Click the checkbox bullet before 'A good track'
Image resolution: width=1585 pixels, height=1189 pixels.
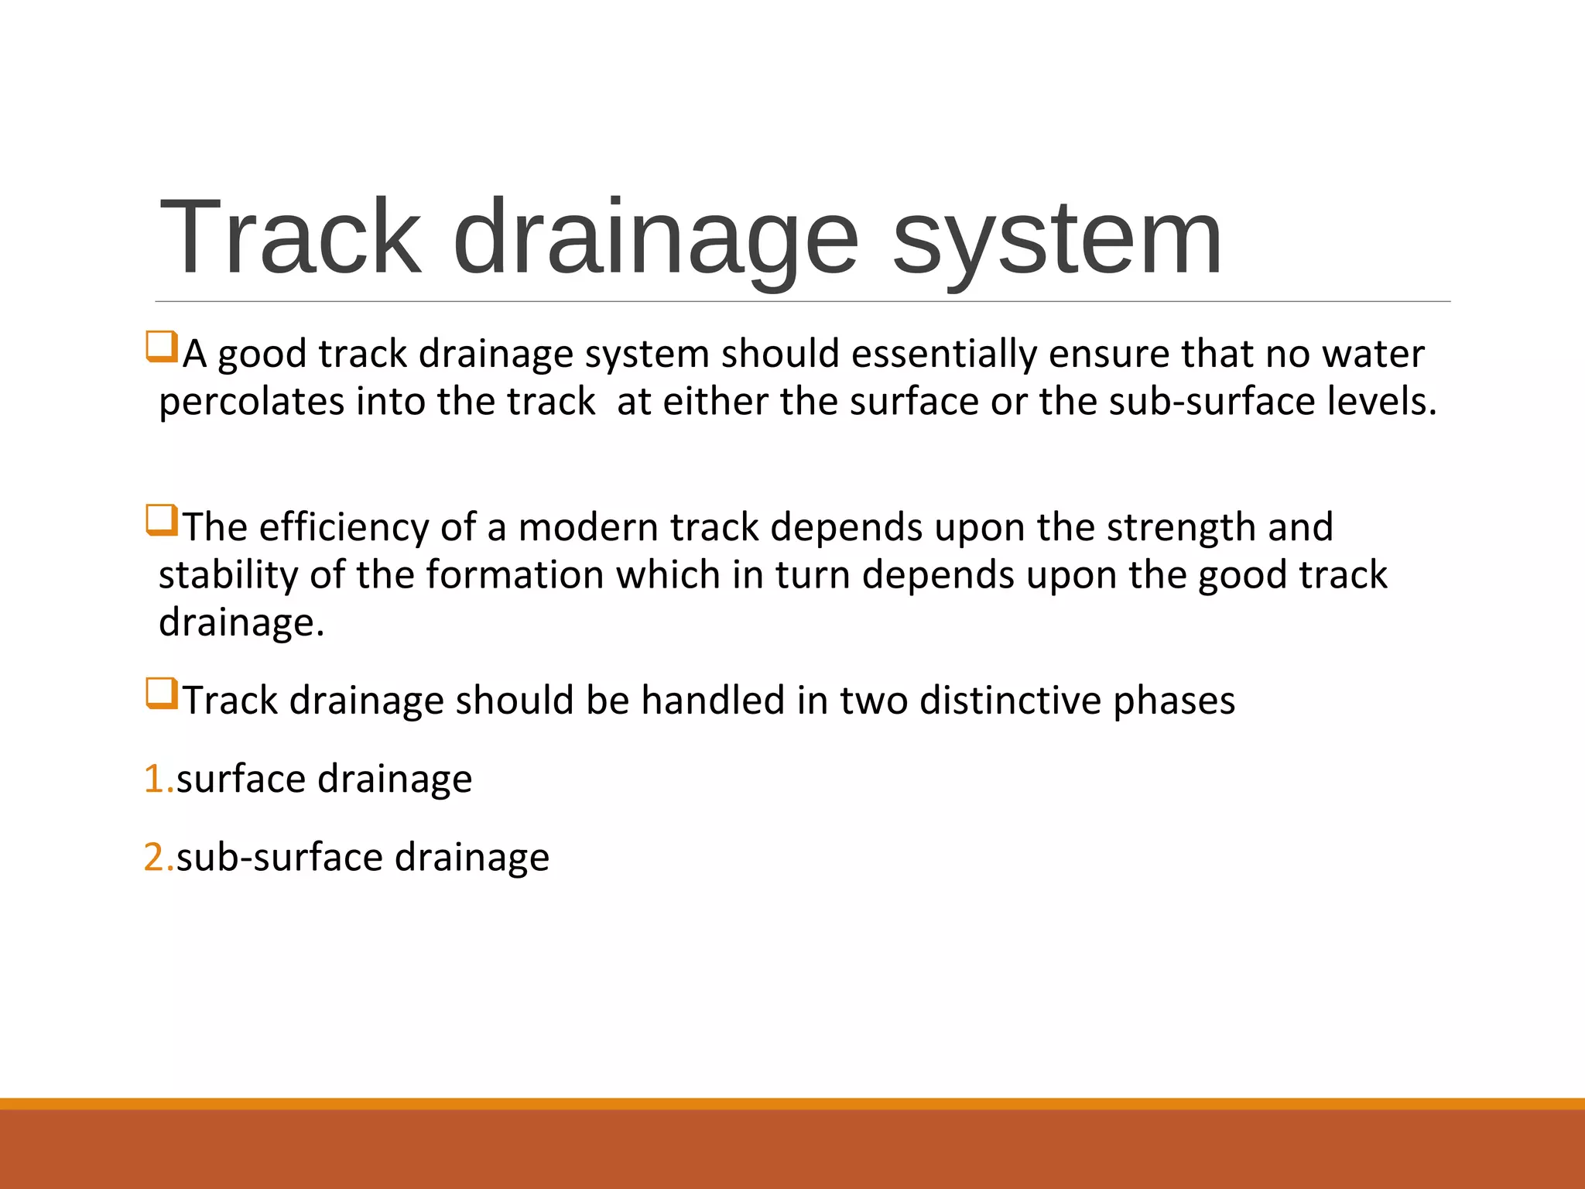(x=162, y=347)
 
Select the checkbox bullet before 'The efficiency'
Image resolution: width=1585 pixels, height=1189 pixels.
(x=162, y=520)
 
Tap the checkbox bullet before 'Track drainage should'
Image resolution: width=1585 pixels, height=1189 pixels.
(x=162, y=694)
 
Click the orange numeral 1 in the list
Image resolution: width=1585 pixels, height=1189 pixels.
(x=155, y=779)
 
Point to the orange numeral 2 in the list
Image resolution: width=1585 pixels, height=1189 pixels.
(x=155, y=858)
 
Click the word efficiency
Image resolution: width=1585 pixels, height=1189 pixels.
(x=344, y=528)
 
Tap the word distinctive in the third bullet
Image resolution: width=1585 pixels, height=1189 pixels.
(x=1010, y=701)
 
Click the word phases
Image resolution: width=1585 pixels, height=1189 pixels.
(x=1174, y=701)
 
